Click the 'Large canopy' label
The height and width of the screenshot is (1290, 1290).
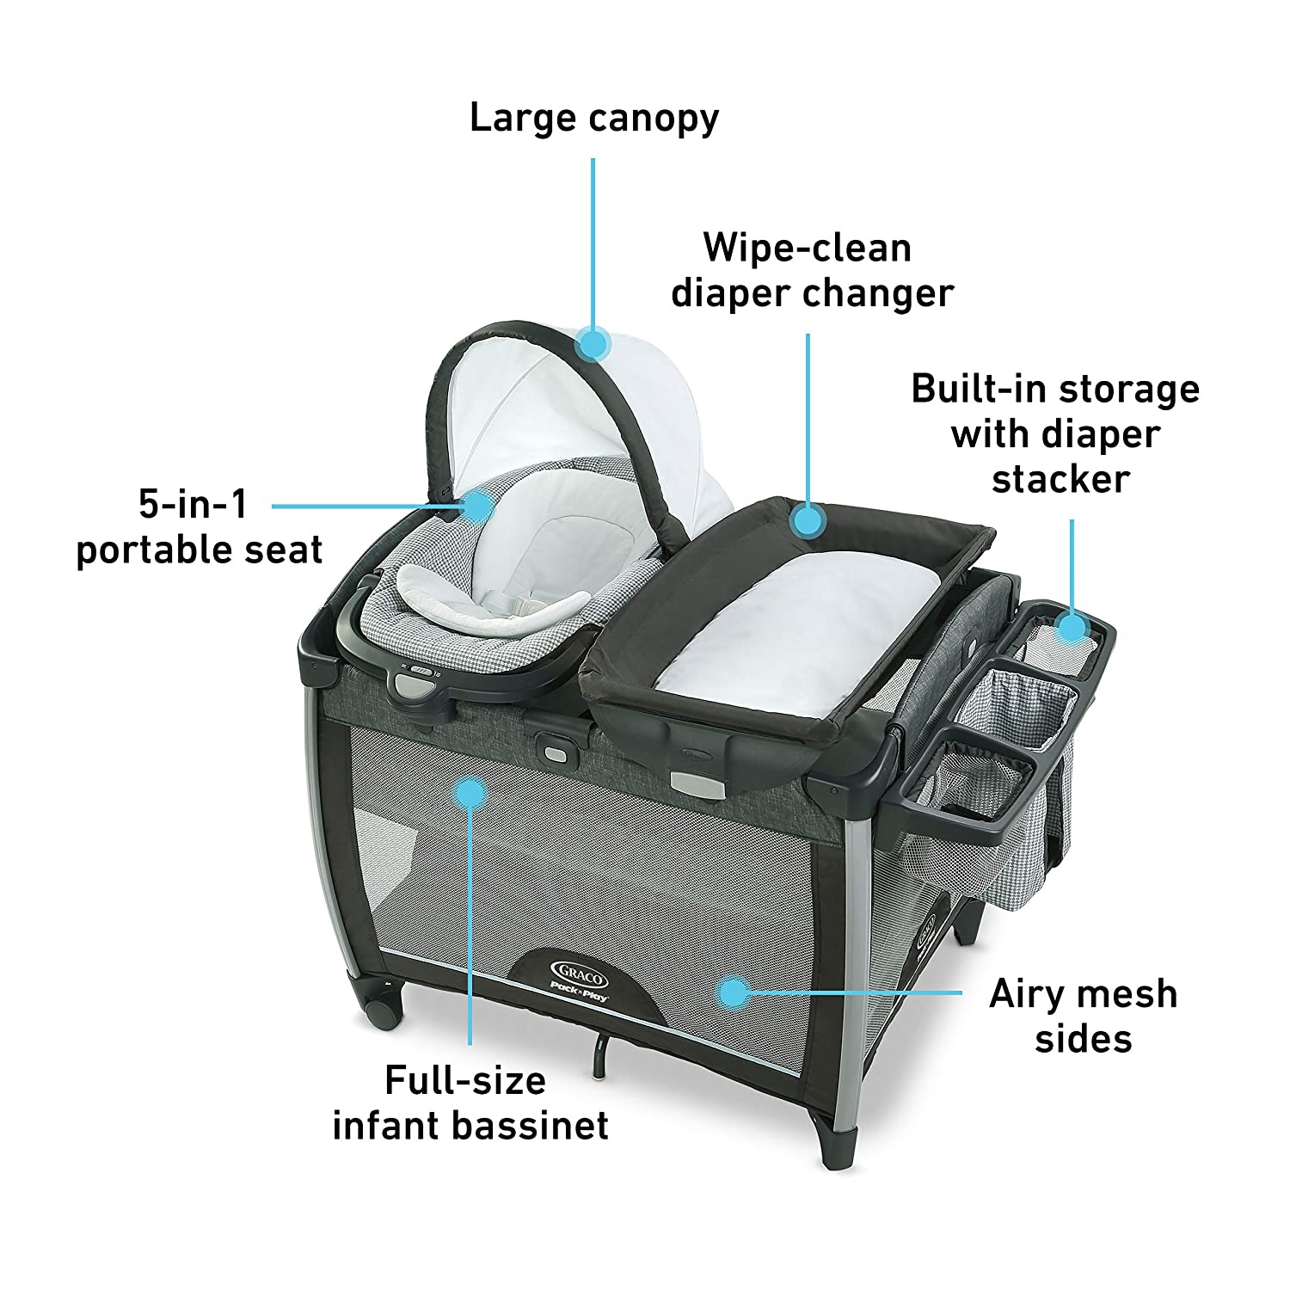[593, 118]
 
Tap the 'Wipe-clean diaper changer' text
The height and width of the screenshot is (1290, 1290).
[811, 270]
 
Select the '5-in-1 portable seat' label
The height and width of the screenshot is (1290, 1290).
[200, 527]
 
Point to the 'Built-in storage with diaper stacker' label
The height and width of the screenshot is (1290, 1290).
[1055, 433]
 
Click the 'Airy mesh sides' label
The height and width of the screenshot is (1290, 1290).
[1083, 1016]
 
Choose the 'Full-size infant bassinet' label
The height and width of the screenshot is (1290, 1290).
[470, 1103]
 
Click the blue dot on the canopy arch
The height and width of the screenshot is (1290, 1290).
[593, 344]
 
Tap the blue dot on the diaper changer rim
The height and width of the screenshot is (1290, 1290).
[808, 520]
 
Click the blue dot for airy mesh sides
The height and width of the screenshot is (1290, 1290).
[732, 992]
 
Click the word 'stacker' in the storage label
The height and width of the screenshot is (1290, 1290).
[1060, 479]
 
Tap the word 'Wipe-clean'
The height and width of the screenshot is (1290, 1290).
[807, 248]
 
